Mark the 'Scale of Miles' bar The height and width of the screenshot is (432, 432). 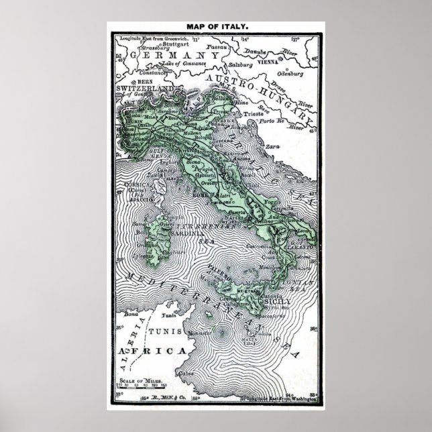pyautogui.click(x=136, y=385)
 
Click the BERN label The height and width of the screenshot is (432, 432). pyautogui.click(x=127, y=80)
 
